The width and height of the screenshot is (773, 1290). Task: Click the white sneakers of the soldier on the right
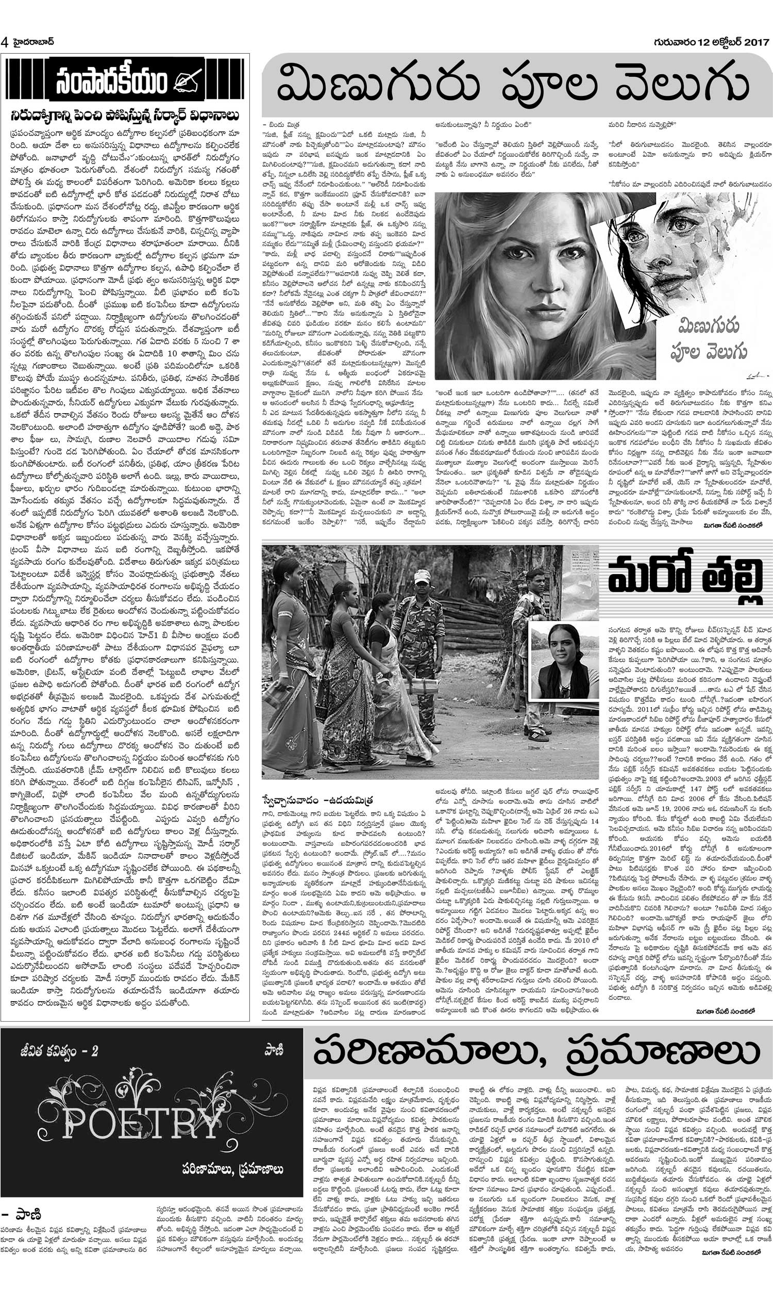tap(538, 737)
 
